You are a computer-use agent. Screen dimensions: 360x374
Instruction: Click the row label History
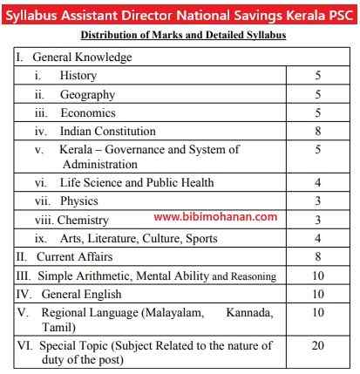pyautogui.click(x=78, y=76)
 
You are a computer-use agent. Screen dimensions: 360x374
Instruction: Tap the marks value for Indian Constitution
pyautogui.click(x=318, y=132)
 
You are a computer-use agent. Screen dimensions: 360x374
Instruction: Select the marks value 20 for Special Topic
pyautogui.click(x=318, y=345)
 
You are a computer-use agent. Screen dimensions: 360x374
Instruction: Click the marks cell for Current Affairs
pyautogui.click(x=318, y=257)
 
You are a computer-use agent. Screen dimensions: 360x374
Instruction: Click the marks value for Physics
pyautogui.click(x=318, y=201)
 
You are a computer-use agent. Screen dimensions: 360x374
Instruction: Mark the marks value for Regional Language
pyautogui.click(x=318, y=312)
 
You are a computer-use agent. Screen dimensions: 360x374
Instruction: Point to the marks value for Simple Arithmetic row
pyautogui.click(x=318, y=275)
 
